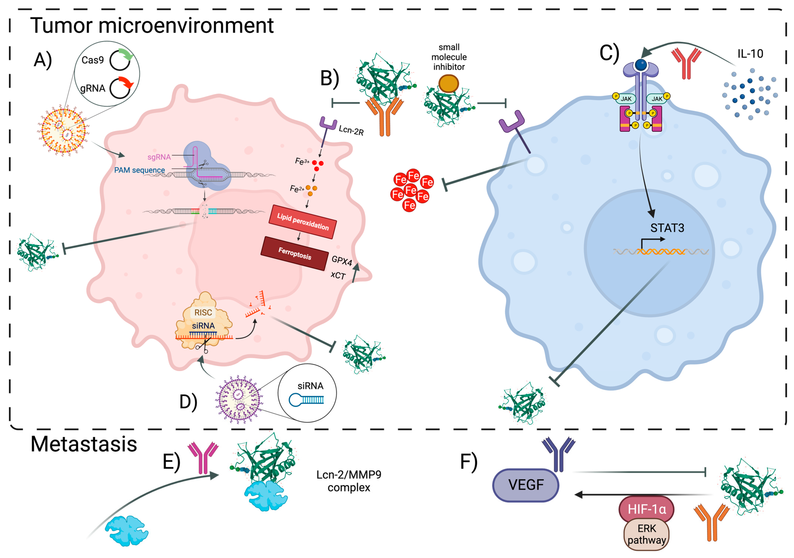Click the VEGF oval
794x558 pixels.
(526, 485)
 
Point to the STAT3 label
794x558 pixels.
(667, 228)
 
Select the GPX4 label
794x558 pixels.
(342, 261)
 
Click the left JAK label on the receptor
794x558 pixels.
(626, 99)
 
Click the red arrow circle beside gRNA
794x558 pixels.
(121, 88)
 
